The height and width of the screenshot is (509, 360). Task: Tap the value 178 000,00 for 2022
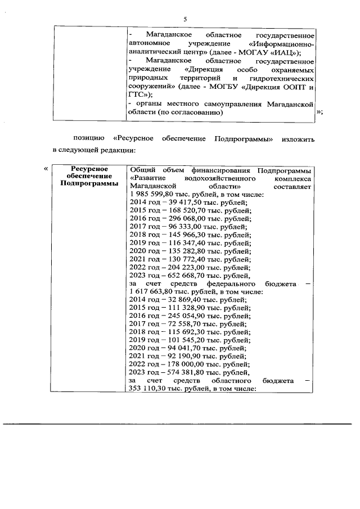[x=182, y=364]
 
